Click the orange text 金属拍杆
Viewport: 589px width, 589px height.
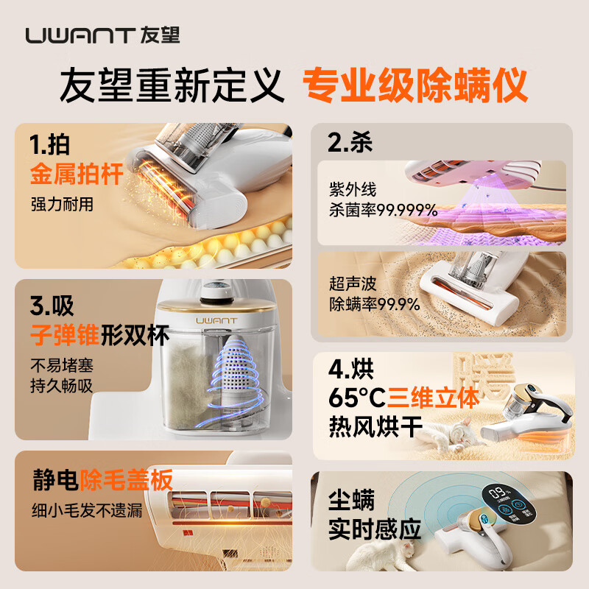tap(77, 174)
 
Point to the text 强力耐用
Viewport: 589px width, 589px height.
tap(62, 204)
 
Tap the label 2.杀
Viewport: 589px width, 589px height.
tap(350, 142)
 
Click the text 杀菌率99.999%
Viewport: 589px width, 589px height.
tap(383, 211)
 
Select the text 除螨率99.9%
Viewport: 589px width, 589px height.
tap(374, 303)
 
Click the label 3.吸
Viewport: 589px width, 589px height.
tap(53, 305)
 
